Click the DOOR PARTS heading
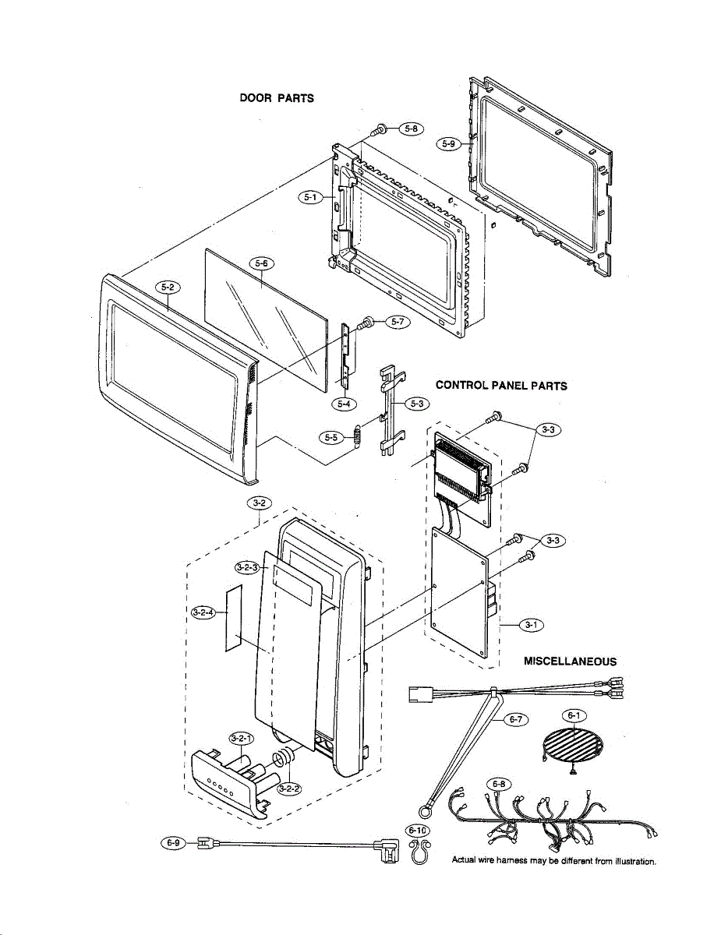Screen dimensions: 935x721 coord(277,98)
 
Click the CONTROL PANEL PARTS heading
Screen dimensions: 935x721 coord(501,385)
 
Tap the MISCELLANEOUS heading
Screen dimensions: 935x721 coord(570,661)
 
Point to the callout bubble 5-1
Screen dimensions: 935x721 coord(312,198)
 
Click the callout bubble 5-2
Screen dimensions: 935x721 coord(168,288)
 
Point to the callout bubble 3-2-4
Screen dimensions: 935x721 coord(205,612)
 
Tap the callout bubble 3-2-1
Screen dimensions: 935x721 coord(241,738)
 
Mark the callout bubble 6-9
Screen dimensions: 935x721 coord(173,842)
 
